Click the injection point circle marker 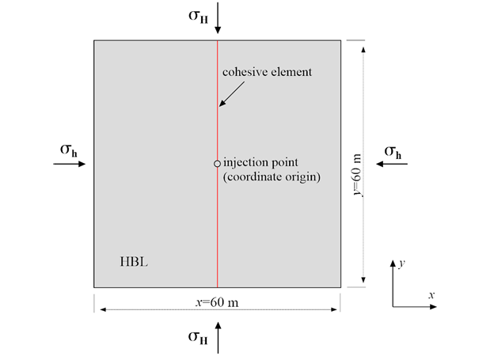click(x=217, y=164)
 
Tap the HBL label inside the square click(x=130, y=260)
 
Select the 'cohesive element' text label click(x=268, y=72)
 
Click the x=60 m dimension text click(x=217, y=301)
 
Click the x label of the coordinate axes click(x=431, y=294)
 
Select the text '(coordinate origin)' click(x=272, y=177)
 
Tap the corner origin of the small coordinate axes click(x=393, y=305)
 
